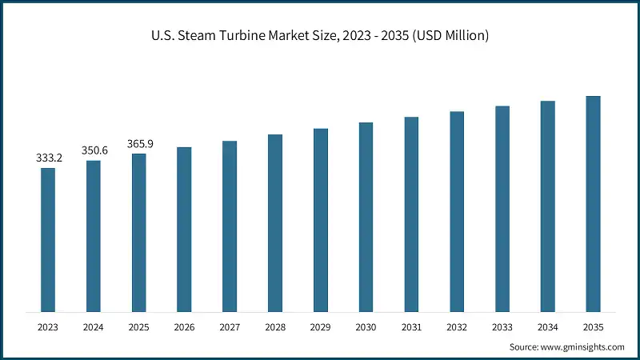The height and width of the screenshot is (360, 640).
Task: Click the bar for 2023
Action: (48, 239)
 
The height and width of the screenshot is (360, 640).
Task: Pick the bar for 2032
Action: (457, 211)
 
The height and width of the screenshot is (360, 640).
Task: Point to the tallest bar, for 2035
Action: (593, 203)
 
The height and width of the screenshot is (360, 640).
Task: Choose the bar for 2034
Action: (547, 206)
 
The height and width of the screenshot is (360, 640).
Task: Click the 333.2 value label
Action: (49, 158)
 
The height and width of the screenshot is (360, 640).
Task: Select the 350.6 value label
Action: (94, 150)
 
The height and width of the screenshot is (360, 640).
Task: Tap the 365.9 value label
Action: (139, 144)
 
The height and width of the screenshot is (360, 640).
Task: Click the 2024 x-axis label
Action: (94, 326)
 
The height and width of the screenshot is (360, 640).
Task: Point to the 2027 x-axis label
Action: (230, 326)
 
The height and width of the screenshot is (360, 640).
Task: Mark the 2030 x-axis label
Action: (366, 326)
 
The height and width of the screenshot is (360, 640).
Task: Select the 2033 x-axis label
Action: (502, 326)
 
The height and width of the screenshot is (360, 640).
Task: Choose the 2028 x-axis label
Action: (275, 326)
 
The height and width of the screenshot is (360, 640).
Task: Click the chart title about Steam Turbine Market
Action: (320, 36)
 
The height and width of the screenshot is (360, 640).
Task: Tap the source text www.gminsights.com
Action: (566, 347)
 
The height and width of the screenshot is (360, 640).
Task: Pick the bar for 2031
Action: (411, 214)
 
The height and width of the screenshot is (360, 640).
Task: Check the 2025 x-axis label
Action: (139, 326)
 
